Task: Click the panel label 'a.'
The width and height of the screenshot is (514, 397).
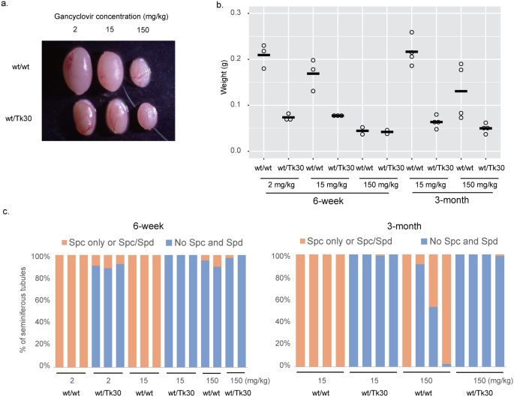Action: pyautogui.click(x=6, y=6)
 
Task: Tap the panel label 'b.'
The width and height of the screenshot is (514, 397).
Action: pyautogui.click(x=220, y=6)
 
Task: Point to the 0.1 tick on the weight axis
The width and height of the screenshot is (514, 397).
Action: pyautogui.click(x=236, y=105)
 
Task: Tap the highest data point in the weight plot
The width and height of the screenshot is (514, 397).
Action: pyautogui.click(x=412, y=32)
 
